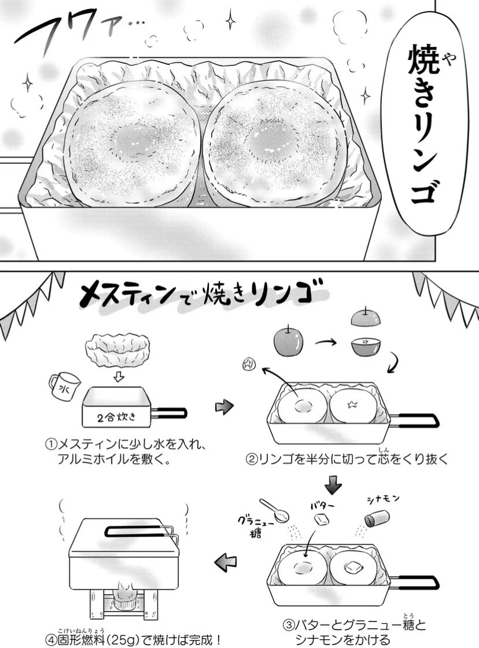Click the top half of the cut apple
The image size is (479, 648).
pos(366,320)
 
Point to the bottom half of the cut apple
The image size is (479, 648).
pos(366,348)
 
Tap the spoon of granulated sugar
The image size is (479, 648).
pos(274,511)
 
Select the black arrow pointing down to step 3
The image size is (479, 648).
pos(334,483)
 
